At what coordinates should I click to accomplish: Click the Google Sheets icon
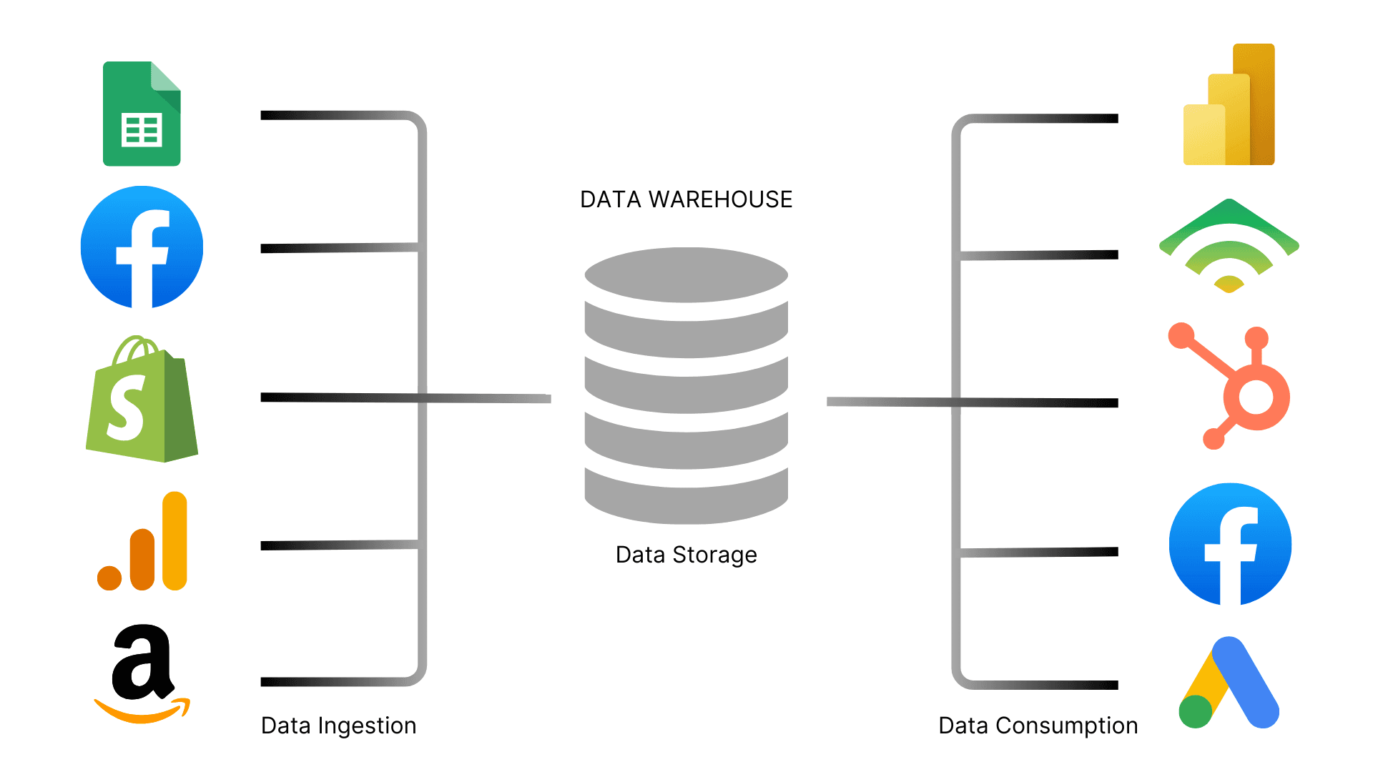coord(142,114)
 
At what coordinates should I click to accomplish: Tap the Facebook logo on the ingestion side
coord(142,247)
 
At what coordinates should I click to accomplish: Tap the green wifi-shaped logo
coord(1229,247)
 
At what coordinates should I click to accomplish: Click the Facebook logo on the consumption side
coord(1230,545)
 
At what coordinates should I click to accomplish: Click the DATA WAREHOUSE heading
coord(686,199)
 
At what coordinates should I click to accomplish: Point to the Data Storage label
coord(686,555)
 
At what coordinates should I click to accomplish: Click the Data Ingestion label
coord(338,726)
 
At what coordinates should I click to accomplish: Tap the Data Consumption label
coord(1038,726)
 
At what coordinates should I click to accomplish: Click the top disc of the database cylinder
coord(686,275)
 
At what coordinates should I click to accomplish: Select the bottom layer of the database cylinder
coord(686,500)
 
